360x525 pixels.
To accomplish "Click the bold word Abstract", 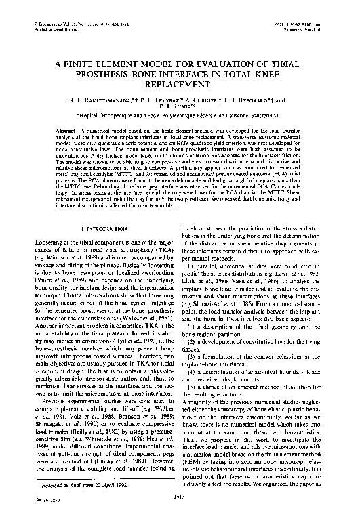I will point(66,128).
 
